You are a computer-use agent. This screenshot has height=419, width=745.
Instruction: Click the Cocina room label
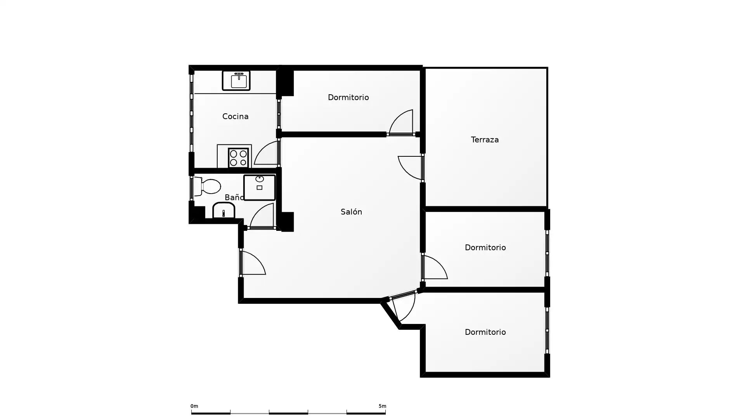coord(235,116)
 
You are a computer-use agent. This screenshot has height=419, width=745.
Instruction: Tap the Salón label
coord(351,212)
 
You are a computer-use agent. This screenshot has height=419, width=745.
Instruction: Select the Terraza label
coord(485,140)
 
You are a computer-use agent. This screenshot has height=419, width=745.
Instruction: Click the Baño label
coord(234,197)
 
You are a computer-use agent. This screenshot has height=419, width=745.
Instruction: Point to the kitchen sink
coord(236,81)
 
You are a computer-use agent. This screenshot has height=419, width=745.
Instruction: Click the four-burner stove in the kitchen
coord(238,158)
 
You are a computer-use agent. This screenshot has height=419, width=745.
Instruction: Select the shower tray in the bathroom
coord(259,187)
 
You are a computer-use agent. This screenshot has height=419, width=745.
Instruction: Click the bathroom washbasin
coord(223,210)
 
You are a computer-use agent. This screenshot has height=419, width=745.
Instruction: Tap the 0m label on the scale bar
coord(194,406)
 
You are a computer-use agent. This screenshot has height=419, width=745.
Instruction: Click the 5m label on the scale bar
coord(382,406)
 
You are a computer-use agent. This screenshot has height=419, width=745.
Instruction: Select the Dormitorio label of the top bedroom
coord(348,97)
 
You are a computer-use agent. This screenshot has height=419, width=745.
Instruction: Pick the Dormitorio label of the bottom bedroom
coord(485,332)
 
